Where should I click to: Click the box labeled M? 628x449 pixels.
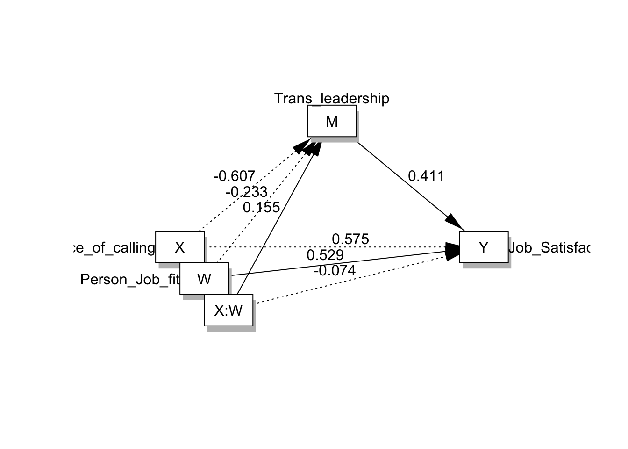(x=332, y=121)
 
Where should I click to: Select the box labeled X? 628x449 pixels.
(x=180, y=247)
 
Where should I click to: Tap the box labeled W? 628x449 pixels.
(x=204, y=279)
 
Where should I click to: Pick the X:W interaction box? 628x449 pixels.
(x=228, y=310)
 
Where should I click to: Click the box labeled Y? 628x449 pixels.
(x=484, y=247)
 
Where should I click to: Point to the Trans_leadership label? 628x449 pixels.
(x=331, y=99)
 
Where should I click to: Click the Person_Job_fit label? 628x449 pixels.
(x=130, y=279)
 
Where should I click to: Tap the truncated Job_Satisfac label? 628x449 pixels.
(x=549, y=247)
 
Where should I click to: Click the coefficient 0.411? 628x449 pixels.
(x=426, y=176)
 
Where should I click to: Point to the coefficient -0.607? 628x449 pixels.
(x=234, y=176)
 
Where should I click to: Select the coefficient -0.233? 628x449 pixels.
(x=246, y=192)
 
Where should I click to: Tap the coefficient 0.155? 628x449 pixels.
(x=261, y=207)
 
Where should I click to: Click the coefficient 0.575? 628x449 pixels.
(x=350, y=239)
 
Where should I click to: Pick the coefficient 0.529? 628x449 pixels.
(x=325, y=255)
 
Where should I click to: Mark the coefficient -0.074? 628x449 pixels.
(x=335, y=270)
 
